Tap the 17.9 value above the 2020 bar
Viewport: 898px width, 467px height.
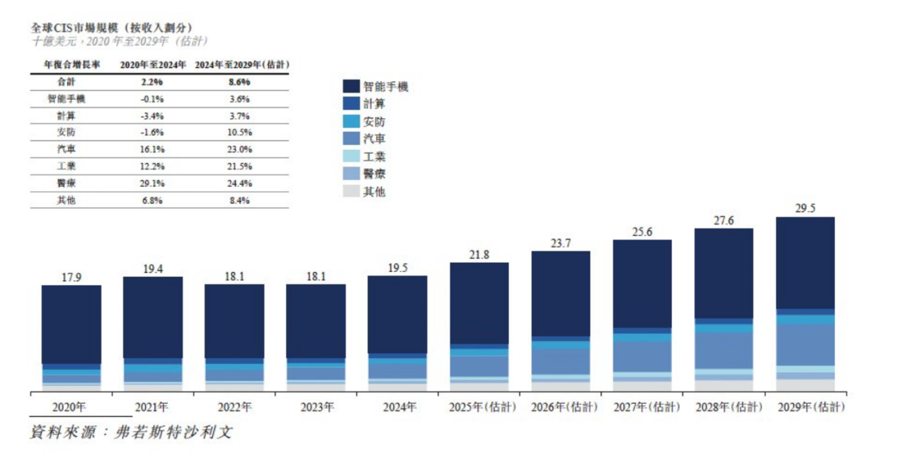click(x=71, y=277)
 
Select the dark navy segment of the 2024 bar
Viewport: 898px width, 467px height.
click(x=397, y=314)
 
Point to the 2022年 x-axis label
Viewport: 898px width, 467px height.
click(x=234, y=407)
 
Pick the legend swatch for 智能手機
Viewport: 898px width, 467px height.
click(x=352, y=86)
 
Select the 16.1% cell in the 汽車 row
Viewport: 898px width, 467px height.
click(x=152, y=150)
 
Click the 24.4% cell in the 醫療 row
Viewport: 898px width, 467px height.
click(x=240, y=184)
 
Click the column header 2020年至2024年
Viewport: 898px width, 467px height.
click(x=152, y=64)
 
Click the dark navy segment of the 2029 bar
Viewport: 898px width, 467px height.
click(x=805, y=262)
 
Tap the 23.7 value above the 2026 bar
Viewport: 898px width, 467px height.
click(x=560, y=243)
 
